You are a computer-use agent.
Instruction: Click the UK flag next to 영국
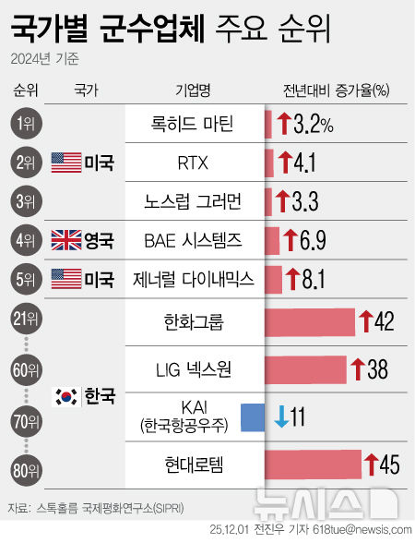[x=66, y=241]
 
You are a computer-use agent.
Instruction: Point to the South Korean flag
[x=66, y=397]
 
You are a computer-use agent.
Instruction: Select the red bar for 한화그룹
[x=309, y=321]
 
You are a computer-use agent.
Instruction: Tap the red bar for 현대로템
[x=313, y=463]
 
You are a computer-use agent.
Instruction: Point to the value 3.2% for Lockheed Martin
[x=314, y=125]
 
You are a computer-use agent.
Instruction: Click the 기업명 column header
[x=192, y=90]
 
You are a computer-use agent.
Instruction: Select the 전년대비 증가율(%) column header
[x=336, y=90]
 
